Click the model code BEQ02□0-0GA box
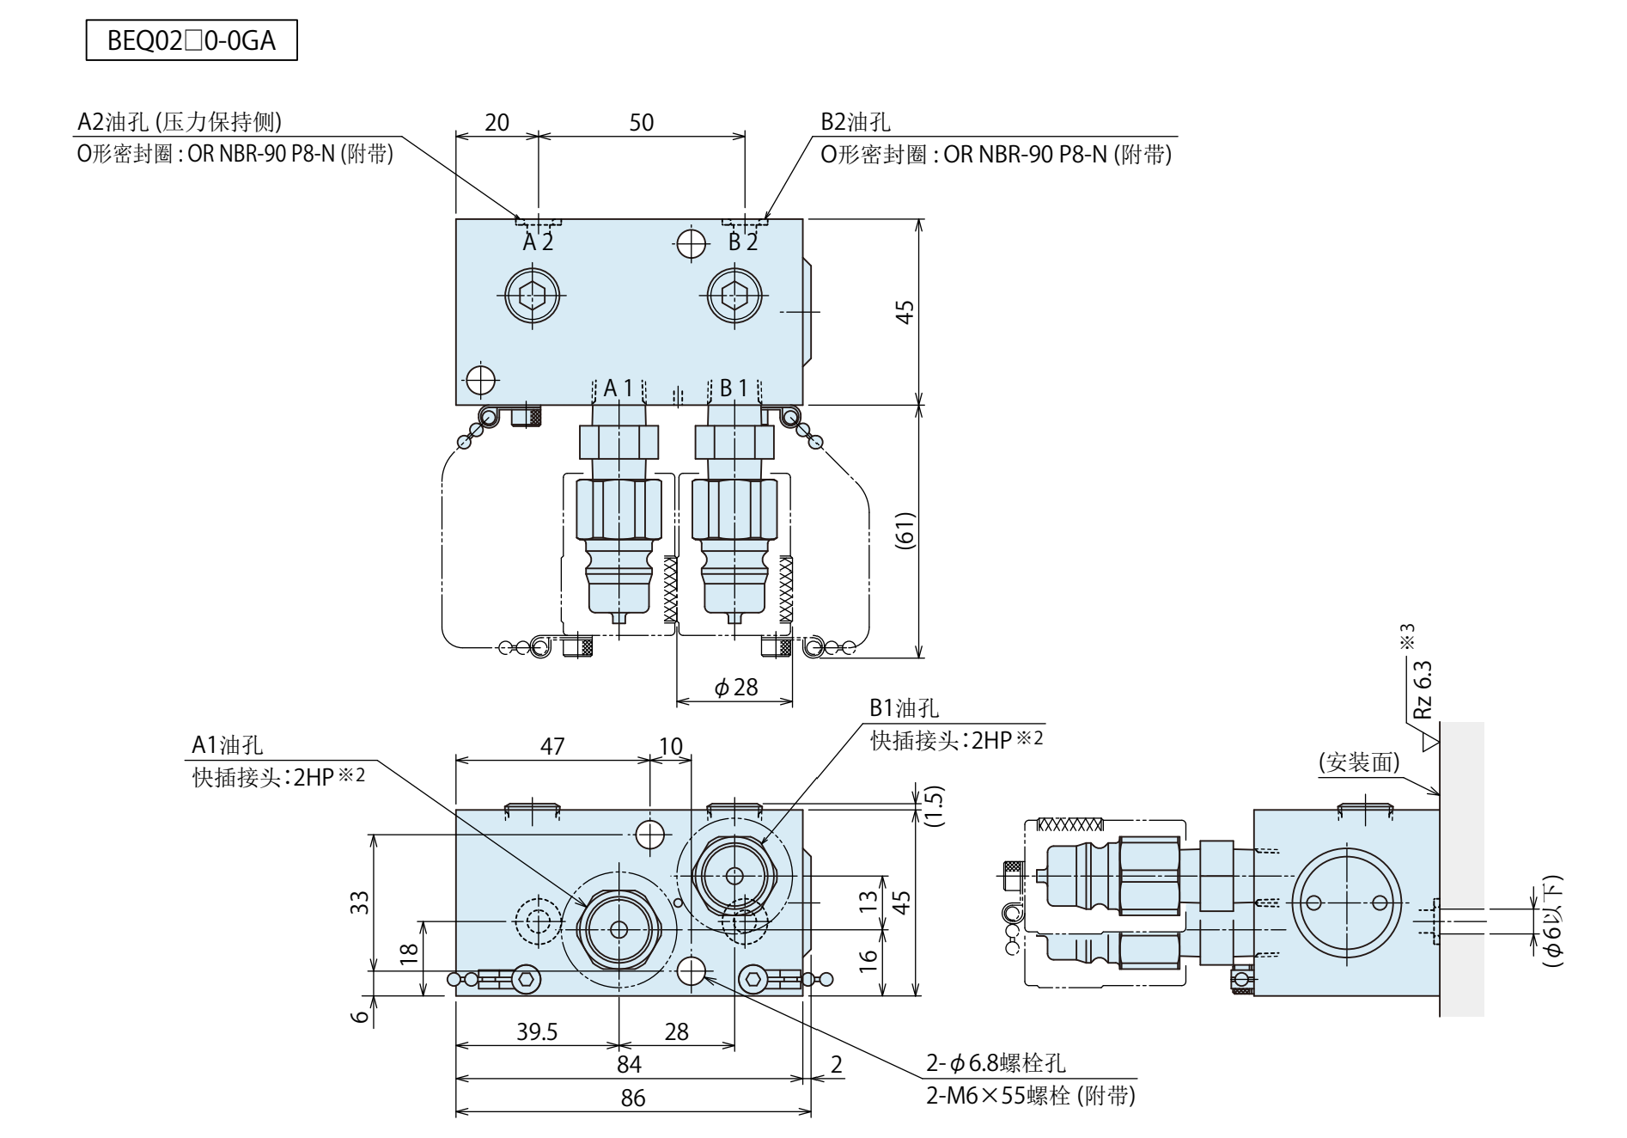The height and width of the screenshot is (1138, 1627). coord(192,41)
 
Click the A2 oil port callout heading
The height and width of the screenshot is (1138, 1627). coord(180,122)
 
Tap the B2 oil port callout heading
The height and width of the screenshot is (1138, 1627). coord(855,122)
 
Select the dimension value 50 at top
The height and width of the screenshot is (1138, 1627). coord(641,122)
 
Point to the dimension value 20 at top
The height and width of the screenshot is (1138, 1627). coord(497,122)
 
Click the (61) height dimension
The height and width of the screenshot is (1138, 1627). coord(905,530)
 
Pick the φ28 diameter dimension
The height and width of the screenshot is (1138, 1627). coord(736,687)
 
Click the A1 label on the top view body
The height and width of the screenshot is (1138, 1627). coord(618,389)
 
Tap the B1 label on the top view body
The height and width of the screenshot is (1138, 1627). coord(733,389)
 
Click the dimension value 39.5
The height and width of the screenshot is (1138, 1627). coord(537,1031)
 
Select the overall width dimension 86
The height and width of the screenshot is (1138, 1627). coord(632,1098)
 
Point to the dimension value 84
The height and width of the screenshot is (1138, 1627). coord(629,1064)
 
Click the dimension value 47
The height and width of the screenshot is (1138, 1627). coord(552,746)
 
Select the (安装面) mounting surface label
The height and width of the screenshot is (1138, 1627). coord(1359,762)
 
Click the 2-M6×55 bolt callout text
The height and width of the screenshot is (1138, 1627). coord(1030,1095)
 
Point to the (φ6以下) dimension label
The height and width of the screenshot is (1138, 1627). coord(1551,921)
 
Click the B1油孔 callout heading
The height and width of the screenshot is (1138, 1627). coord(904,708)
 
